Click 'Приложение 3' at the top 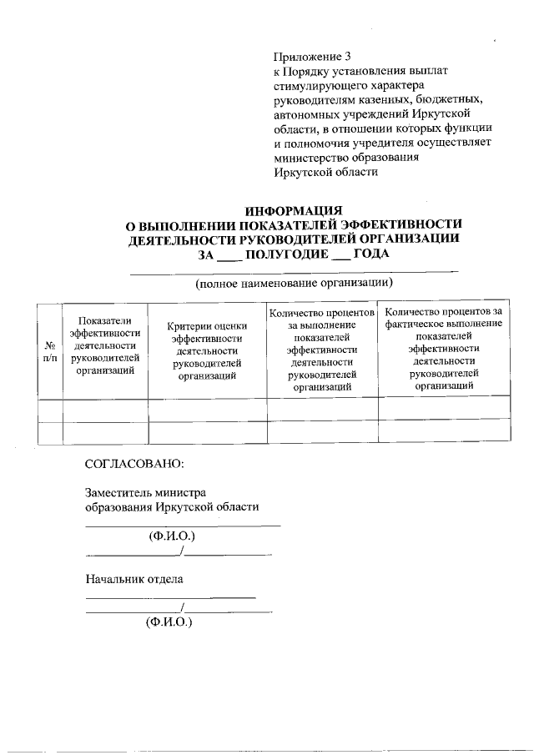(307, 58)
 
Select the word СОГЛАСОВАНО (134, 463)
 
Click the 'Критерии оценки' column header (205, 350)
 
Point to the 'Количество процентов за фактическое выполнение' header (444, 348)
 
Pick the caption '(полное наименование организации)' (294, 284)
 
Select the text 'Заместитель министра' (146, 492)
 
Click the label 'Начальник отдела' (134, 578)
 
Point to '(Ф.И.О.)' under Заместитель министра (172, 536)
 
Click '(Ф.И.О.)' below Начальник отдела (169, 622)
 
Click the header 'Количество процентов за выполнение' (320, 350)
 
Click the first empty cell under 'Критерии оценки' (205, 408)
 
